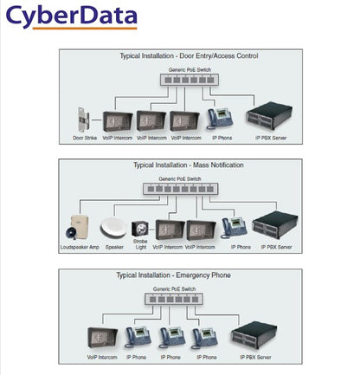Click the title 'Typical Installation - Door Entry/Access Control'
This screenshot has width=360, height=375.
(188, 56)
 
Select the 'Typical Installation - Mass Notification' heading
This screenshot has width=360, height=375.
(188, 165)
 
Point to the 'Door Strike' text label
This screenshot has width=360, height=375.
(85, 138)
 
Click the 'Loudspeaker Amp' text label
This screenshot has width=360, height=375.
(74, 247)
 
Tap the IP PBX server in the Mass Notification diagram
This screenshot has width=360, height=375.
(277, 224)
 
